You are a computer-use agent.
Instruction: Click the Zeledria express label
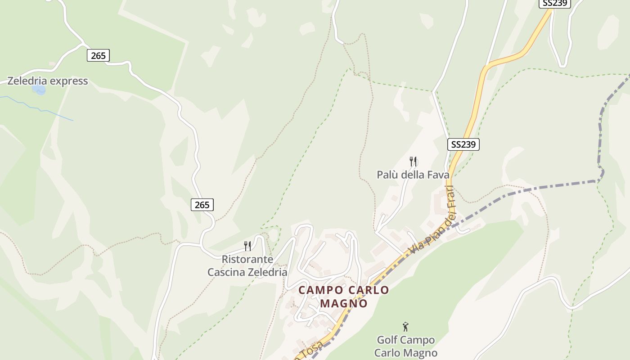(x=47, y=81)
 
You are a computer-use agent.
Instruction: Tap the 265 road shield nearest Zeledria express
(x=98, y=55)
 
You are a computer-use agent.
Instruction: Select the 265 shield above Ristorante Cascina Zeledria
(x=202, y=205)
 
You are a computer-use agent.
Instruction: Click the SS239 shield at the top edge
(x=555, y=3)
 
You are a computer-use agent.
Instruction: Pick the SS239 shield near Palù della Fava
(x=463, y=144)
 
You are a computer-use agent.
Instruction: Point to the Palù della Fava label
(x=413, y=175)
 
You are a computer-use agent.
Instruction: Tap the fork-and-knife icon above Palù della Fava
(x=413, y=161)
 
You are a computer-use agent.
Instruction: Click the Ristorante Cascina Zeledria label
(x=247, y=266)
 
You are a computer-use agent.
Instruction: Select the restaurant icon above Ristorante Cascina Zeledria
(x=247, y=246)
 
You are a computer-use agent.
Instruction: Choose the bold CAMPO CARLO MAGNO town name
(x=344, y=296)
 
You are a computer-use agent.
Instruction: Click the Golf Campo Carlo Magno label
(x=405, y=346)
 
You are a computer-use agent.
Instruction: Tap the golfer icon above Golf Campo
(x=405, y=327)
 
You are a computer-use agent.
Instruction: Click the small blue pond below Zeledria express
(x=40, y=90)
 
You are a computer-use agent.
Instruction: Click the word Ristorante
(x=247, y=260)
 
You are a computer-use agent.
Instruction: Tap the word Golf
(x=387, y=340)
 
